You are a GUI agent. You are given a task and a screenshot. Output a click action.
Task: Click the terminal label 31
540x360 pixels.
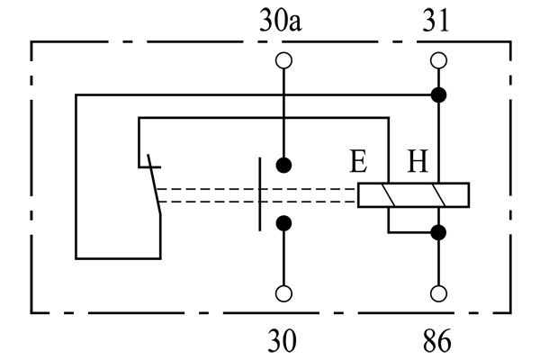438,21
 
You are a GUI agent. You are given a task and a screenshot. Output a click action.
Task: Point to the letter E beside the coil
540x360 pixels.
358,163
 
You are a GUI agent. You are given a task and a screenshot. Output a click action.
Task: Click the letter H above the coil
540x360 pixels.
418,163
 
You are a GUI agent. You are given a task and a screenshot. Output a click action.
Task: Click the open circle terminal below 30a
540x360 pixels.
284,60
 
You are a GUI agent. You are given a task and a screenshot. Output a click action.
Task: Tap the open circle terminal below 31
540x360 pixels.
439,60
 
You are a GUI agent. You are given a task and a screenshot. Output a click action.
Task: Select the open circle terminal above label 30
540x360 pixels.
284,293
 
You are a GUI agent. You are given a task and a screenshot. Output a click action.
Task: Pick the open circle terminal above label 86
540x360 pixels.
439,293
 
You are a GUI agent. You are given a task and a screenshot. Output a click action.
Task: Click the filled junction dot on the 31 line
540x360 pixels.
439,94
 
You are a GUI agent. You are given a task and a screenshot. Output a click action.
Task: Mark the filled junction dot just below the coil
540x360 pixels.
439,232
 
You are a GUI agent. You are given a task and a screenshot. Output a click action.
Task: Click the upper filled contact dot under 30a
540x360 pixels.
284,165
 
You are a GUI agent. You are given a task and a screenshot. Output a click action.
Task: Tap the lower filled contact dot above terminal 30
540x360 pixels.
284,223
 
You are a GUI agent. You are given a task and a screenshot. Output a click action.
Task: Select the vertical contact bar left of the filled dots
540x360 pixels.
259,194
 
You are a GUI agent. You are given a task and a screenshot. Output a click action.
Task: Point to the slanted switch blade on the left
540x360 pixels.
153,190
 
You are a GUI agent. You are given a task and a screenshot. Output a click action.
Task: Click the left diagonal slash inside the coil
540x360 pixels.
390,195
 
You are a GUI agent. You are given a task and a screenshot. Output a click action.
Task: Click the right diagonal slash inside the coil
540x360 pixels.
439,195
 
